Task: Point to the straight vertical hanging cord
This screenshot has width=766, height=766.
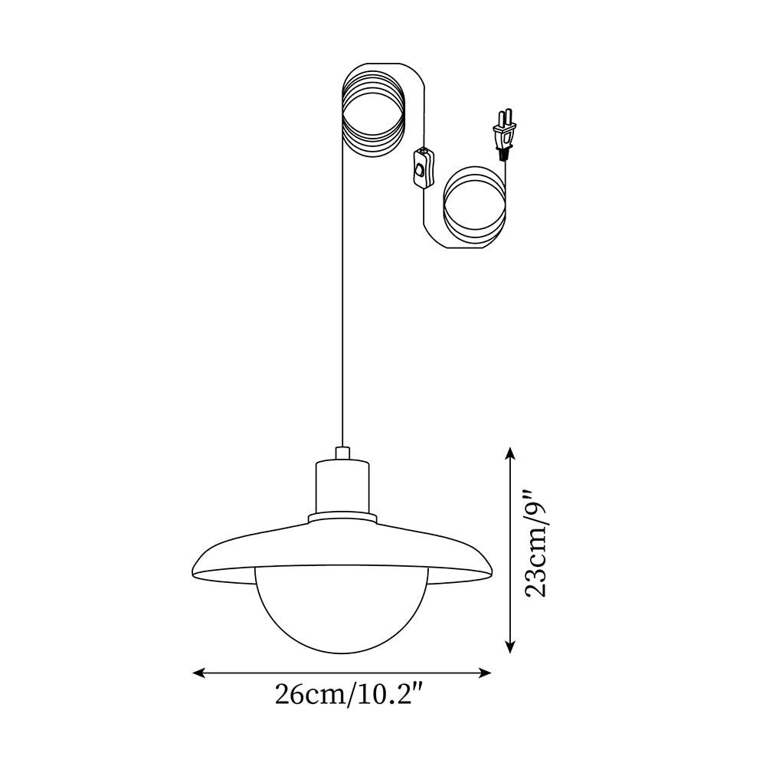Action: pyautogui.click(x=342, y=306)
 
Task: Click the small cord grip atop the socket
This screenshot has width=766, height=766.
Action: pyautogui.click(x=342, y=453)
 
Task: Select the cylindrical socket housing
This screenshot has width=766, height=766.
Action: pyautogui.click(x=342, y=487)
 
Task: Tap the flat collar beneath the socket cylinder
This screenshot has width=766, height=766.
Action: pyautogui.click(x=342, y=519)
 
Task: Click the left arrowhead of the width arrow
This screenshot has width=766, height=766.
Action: pyautogui.click(x=198, y=673)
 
